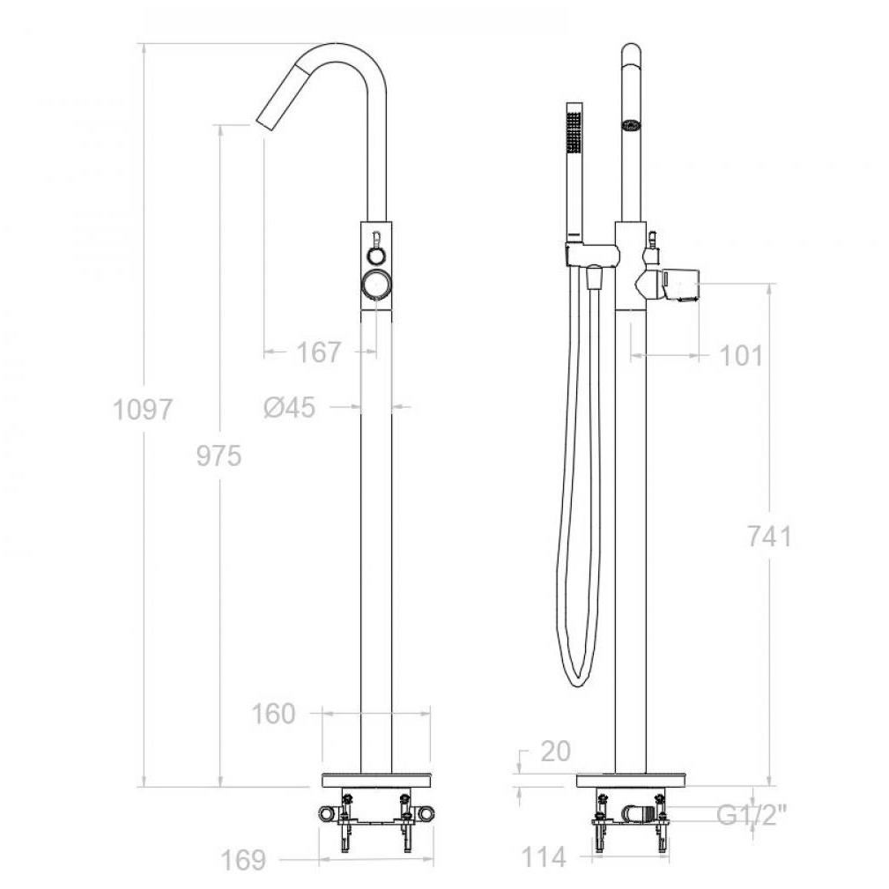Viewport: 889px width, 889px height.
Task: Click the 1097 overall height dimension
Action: click(x=143, y=410)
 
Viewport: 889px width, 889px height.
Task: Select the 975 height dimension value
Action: click(x=219, y=456)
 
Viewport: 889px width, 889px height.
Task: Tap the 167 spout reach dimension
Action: click(x=319, y=352)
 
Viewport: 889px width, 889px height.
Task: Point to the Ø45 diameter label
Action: click(x=289, y=406)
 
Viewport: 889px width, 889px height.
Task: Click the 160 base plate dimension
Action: click(x=273, y=714)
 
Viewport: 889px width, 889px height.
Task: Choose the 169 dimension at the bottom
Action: click(x=242, y=860)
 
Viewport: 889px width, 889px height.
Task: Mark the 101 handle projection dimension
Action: click(x=741, y=356)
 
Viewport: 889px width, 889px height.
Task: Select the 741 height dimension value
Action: click(x=769, y=536)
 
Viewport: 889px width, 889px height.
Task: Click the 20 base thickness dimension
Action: click(x=555, y=752)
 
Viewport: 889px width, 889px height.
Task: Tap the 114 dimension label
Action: click(x=544, y=857)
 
